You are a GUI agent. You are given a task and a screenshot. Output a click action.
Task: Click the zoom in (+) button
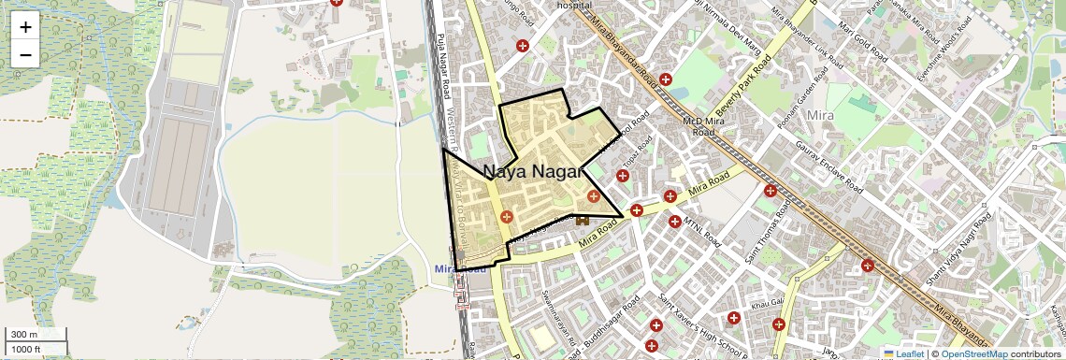click(25, 26)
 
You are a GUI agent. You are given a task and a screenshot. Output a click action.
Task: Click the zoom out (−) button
click(25, 54)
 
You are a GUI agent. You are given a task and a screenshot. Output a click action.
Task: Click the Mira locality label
click(819, 115)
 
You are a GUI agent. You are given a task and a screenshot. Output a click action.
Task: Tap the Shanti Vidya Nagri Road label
click(956, 246)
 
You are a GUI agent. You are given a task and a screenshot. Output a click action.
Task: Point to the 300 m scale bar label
click(24, 335)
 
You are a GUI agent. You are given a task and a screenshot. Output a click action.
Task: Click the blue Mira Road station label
click(461, 269)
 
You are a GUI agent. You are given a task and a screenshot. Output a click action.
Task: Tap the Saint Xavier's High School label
click(703, 323)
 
